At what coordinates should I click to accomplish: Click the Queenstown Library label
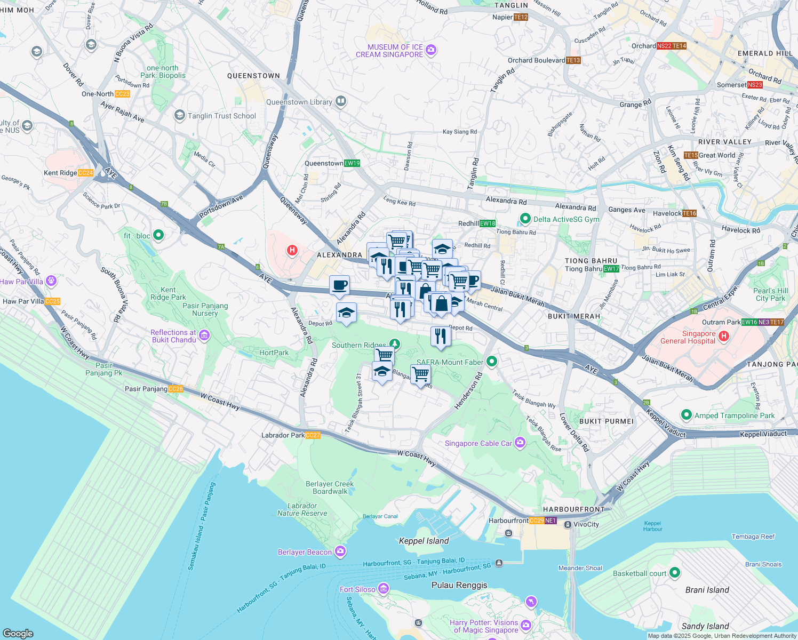[299, 102]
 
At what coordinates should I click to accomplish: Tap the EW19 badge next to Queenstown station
[352, 163]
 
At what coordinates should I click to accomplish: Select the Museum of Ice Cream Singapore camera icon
[432, 51]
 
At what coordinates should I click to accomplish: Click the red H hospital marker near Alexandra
[292, 250]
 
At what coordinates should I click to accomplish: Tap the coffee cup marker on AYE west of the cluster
[339, 286]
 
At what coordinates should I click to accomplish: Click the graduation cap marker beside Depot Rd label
[346, 313]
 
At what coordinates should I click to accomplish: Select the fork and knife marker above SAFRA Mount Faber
[441, 336]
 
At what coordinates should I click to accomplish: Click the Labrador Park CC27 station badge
[313, 435]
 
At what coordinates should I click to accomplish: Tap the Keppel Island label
[424, 541]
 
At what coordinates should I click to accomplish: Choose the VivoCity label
[586, 524]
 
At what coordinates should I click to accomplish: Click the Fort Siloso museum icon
[384, 589]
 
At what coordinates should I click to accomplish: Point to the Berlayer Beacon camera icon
[341, 551]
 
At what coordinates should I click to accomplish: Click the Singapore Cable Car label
[478, 443]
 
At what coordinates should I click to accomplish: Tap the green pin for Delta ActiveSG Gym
[525, 219]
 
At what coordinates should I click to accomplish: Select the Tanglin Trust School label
[221, 116]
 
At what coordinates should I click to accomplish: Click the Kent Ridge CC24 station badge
[85, 173]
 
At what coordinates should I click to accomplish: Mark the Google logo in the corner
[18, 633]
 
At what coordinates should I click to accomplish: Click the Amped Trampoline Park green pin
[686, 415]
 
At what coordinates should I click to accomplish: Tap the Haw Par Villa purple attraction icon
[51, 281]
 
